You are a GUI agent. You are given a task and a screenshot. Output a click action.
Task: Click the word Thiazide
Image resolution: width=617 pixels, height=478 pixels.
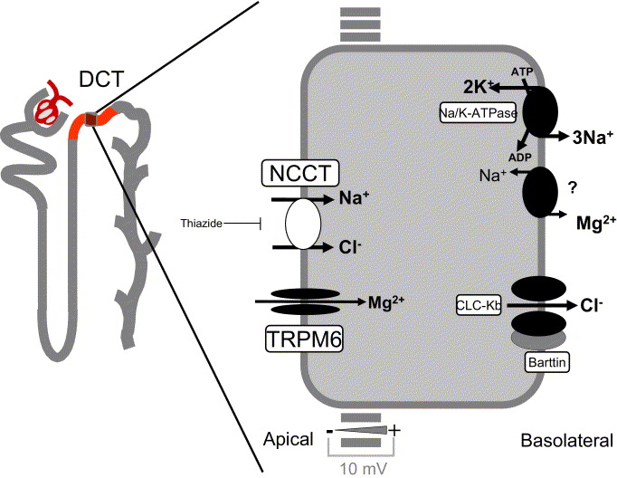tap(201, 223)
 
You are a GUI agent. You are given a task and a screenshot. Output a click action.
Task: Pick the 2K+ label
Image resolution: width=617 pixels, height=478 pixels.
tap(478, 87)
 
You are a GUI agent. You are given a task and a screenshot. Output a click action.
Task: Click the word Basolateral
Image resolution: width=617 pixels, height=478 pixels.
tap(567, 441)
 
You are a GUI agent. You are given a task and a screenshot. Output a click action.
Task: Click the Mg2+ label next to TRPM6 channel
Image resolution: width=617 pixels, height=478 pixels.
tap(384, 302)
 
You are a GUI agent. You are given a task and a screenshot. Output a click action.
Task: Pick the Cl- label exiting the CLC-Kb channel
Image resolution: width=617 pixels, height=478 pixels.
tap(593, 306)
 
